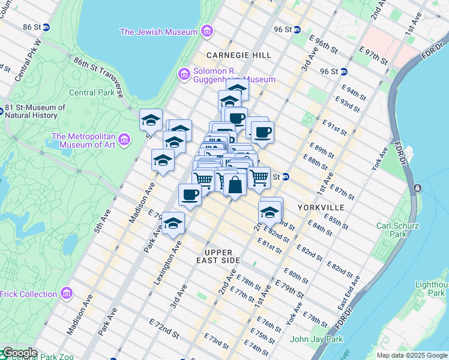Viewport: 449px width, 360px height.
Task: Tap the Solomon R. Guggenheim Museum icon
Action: click(184, 74)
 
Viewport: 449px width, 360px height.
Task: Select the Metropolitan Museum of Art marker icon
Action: click(125, 140)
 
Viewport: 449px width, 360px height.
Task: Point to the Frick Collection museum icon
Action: click(67, 294)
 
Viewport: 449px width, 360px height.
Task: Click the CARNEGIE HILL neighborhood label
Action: click(235, 55)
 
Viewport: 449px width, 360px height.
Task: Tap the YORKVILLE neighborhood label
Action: click(321, 207)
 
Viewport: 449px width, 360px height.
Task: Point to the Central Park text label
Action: click(91, 92)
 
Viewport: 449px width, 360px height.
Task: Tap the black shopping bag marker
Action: click(235, 185)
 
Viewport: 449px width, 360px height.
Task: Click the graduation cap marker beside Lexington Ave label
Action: click(173, 223)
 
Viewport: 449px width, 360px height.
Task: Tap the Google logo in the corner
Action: click(19, 353)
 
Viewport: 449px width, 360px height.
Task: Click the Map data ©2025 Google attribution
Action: click(412, 355)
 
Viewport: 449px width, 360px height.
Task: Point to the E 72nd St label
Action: click(164, 330)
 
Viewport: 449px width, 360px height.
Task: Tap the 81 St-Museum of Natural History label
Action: click(35, 112)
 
